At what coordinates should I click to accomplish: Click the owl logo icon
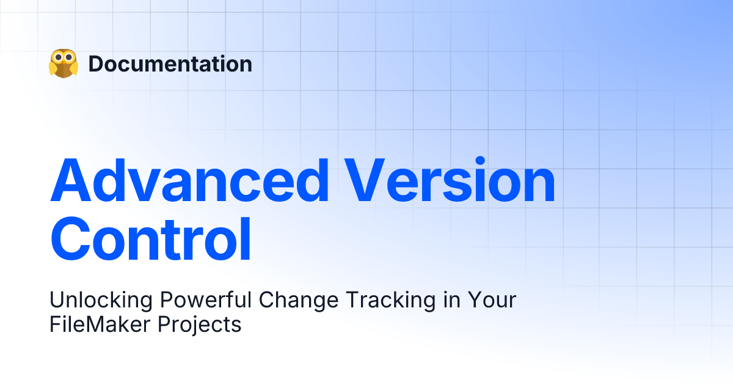64,63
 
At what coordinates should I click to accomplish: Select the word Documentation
170,64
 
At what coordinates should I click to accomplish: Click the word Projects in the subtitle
200,324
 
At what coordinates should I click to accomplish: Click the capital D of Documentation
96,64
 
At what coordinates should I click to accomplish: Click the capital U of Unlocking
57,300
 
